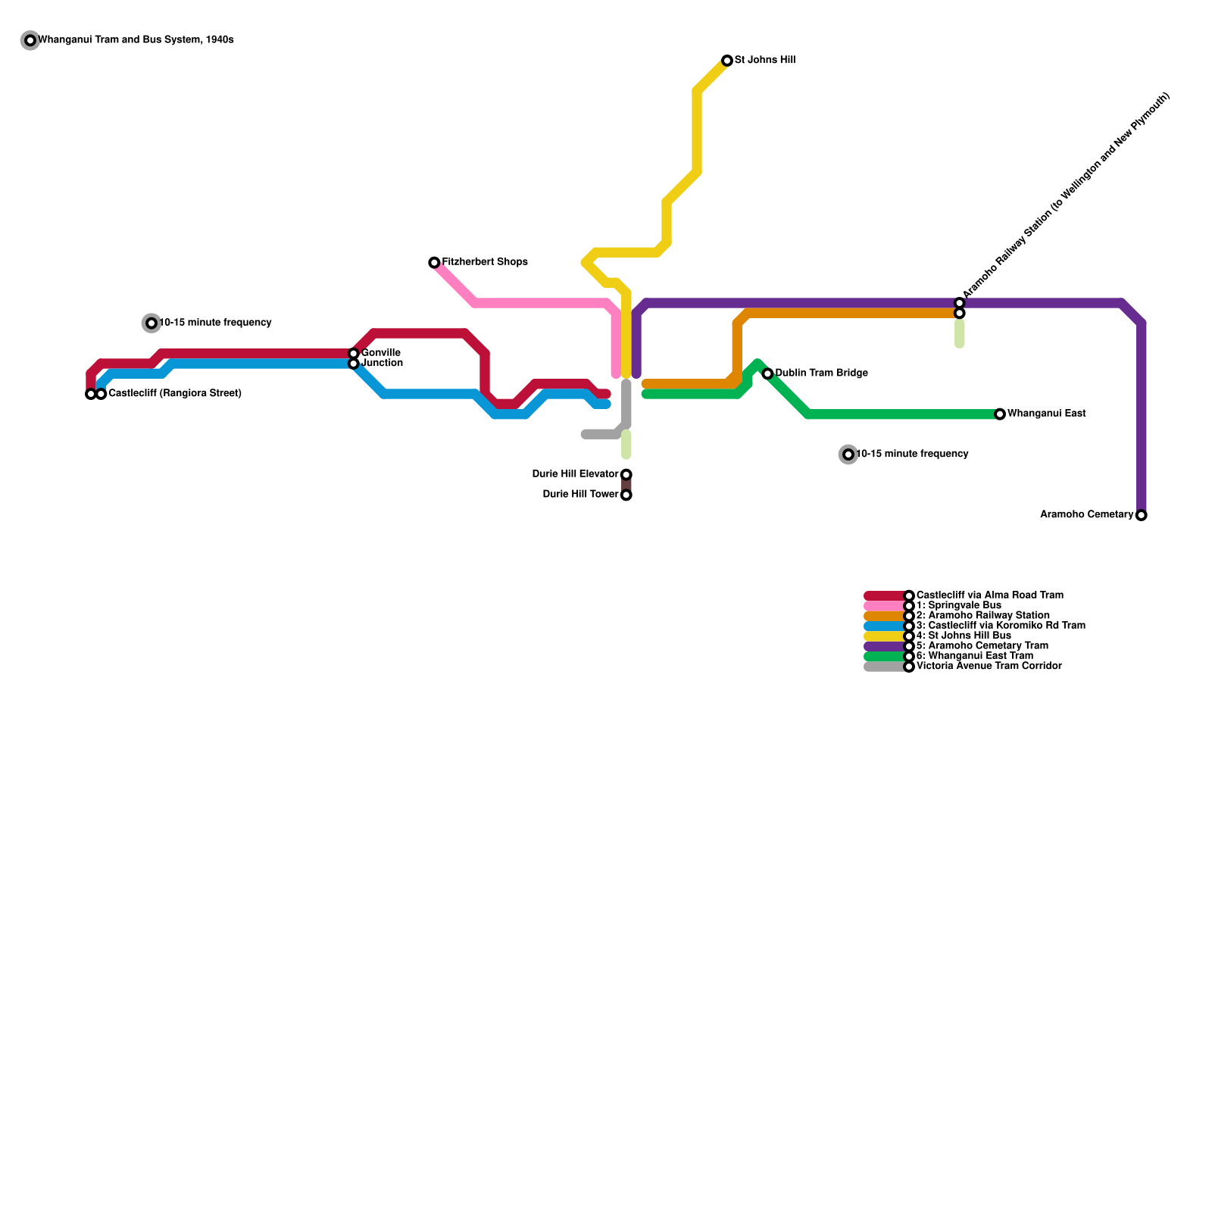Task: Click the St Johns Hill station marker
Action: pyautogui.click(x=727, y=61)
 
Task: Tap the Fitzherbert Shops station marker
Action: pyautogui.click(x=434, y=263)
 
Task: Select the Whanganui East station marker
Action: pyautogui.click(x=1000, y=414)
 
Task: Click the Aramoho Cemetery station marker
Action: pyautogui.click(x=1142, y=515)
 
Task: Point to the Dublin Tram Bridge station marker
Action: pyautogui.click(x=767, y=373)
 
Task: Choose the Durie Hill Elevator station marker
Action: pyautogui.click(x=626, y=475)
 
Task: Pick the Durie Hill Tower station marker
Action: pyautogui.click(x=626, y=495)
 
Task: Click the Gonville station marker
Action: pyautogui.click(x=354, y=354)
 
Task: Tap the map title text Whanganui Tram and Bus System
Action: pyautogui.click(x=136, y=40)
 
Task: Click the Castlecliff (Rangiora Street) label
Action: pyautogui.click(x=175, y=394)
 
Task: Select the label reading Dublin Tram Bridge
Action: pyautogui.click(x=822, y=373)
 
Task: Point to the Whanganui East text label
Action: pyautogui.click(x=1047, y=414)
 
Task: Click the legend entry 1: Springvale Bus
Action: pyautogui.click(x=958, y=606)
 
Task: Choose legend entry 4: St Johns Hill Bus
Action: pyautogui.click(x=964, y=636)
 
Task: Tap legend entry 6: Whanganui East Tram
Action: pyautogui.click(x=974, y=656)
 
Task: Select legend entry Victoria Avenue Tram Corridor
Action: pyautogui.click(x=989, y=667)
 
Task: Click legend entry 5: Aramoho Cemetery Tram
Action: pyautogui.click(x=982, y=646)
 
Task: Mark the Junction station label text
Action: pyautogui.click(x=383, y=364)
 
